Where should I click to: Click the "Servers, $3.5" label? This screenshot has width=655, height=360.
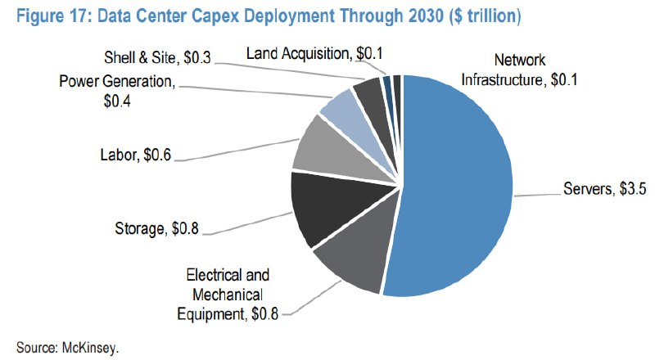click(x=604, y=189)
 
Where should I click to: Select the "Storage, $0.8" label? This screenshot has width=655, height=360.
click(x=156, y=228)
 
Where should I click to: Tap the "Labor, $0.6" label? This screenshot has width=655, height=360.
click(x=136, y=155)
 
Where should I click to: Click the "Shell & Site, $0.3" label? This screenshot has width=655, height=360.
click(x=157, y=57)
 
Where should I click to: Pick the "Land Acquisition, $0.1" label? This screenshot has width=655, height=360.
click(x=314, y=53)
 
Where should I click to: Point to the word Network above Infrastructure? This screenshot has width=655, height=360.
click(x=520, y=60)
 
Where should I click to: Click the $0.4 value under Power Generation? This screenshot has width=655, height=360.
click(x=117, y=101)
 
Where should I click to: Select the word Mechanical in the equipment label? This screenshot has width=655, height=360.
click(x=228, y=295)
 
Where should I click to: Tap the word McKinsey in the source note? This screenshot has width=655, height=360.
click(x=90, y=348)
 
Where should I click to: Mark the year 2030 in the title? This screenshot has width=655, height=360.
click(x=425, y=16)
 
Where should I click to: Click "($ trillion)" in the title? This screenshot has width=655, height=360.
click(x=486, y=16)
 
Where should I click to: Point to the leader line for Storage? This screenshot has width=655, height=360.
click(x=248, y=224)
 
